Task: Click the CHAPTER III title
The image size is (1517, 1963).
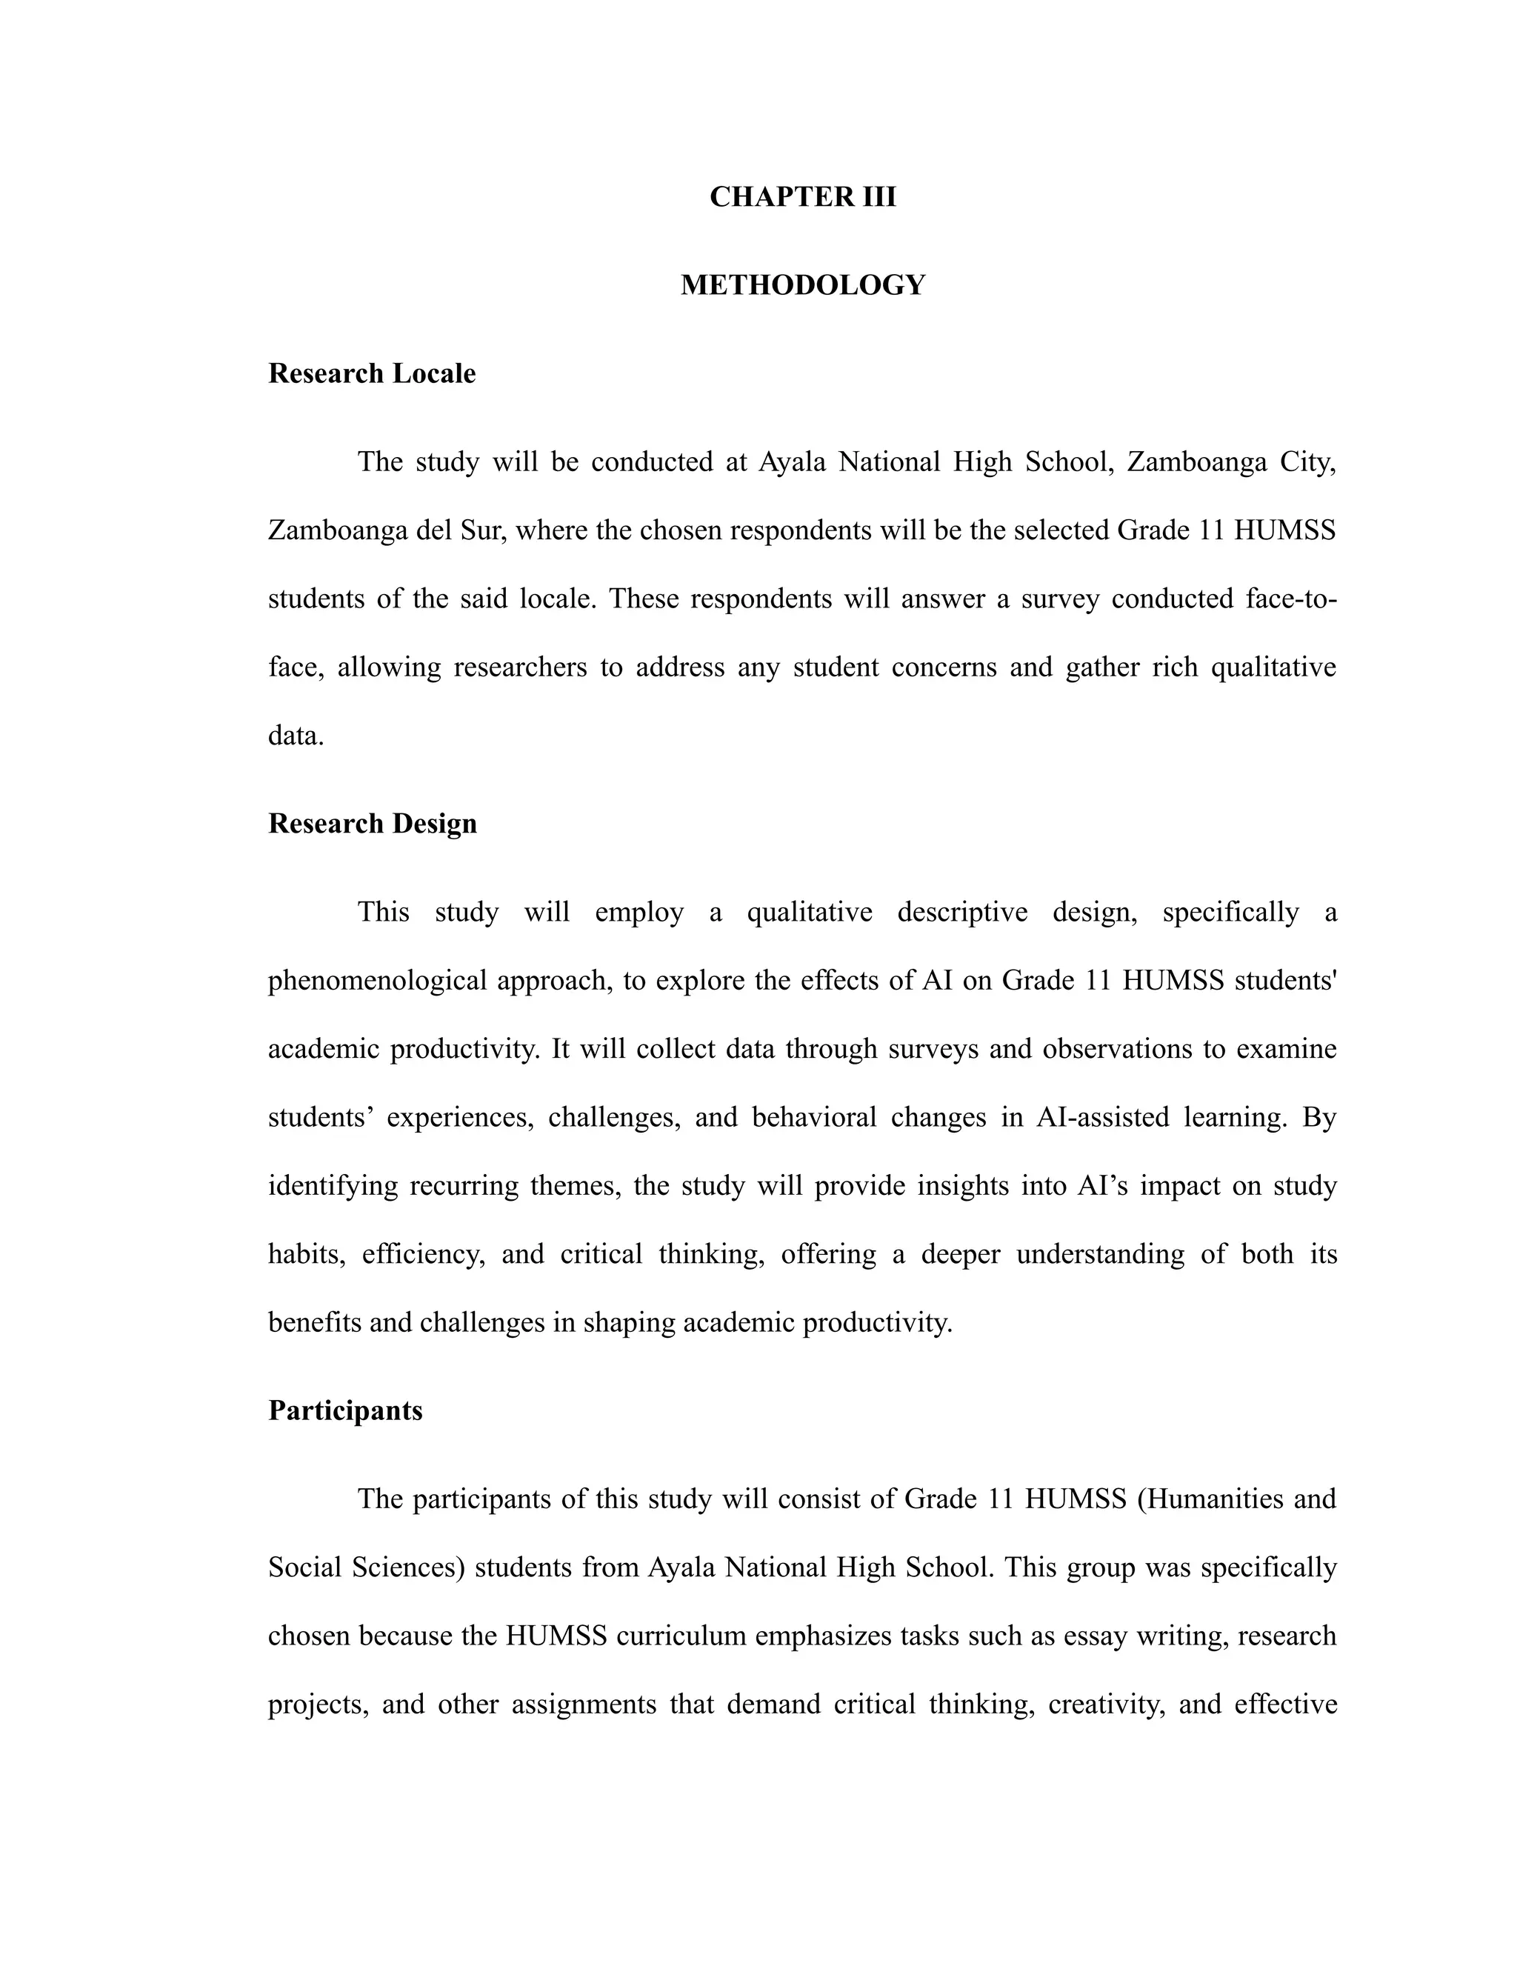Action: (802, 197)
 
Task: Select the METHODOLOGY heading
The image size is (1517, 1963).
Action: (802, 285)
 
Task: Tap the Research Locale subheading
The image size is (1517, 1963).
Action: (372, 373)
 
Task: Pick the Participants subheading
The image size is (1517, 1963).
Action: (345, 1410)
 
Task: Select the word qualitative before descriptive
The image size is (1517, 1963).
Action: (809, 913)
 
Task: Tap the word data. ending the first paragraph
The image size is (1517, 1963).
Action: (296, 736)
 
